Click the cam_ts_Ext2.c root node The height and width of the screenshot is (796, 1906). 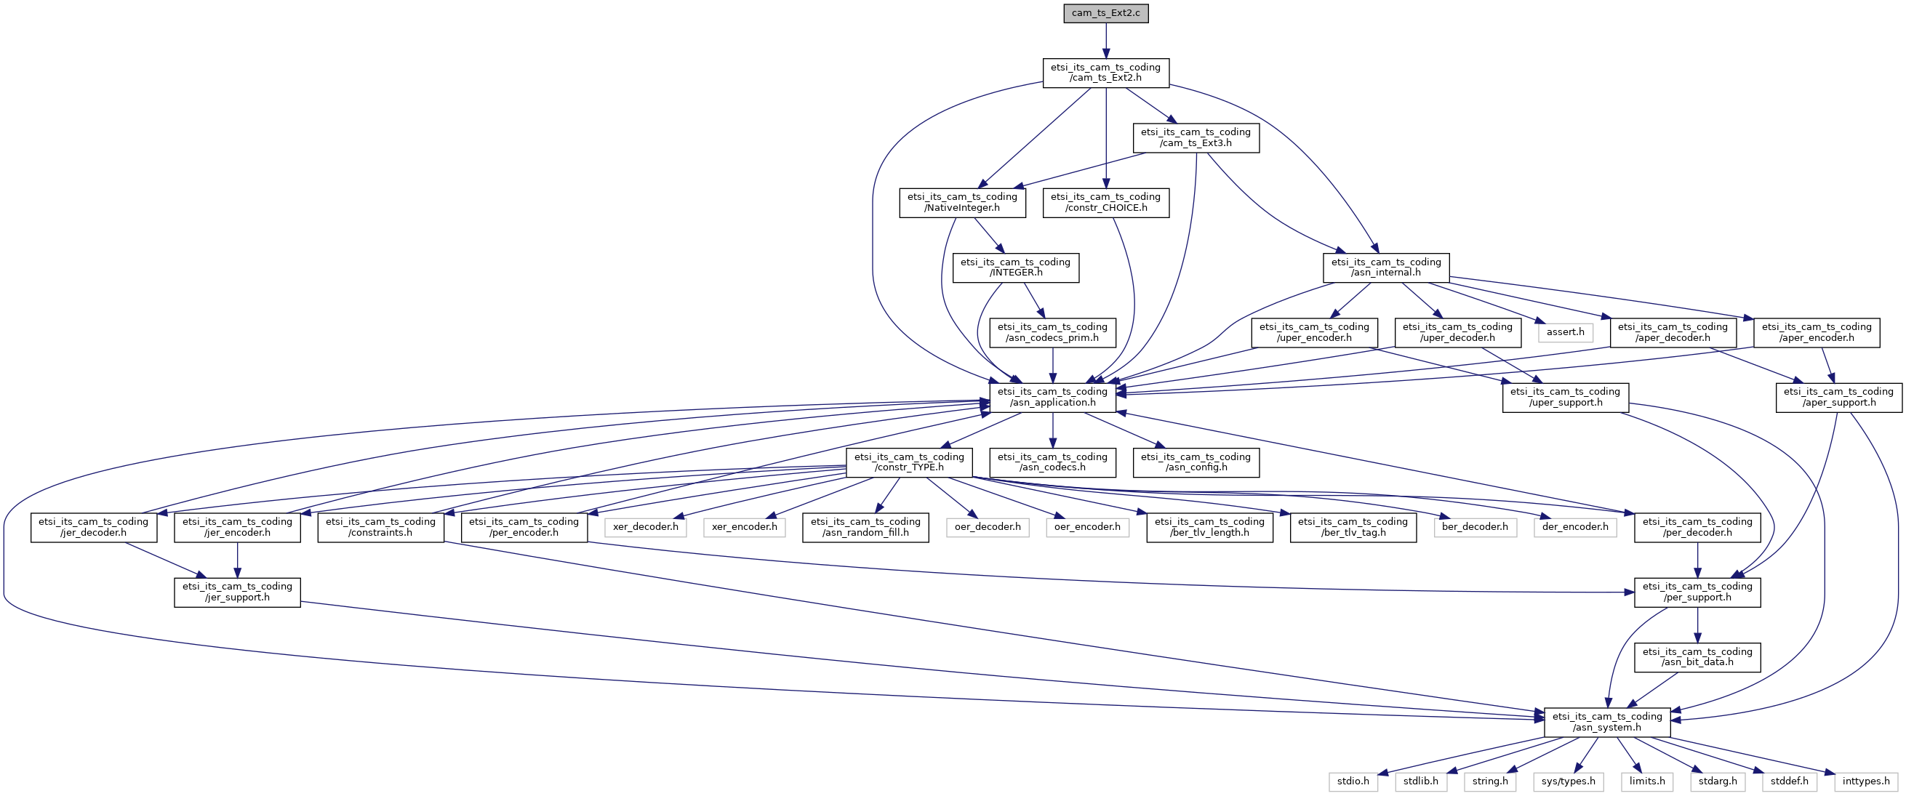pos(1106,13)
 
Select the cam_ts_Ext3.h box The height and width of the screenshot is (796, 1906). pos(1196,137)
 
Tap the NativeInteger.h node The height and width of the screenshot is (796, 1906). pos(963,203)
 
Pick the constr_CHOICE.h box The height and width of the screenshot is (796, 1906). pos(1106,203)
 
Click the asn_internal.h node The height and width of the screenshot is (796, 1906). pos(1386,267)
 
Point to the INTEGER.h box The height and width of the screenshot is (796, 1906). pos(1016,267)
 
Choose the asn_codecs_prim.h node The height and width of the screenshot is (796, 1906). pos(1052,332)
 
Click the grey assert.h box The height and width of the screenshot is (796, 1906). pos(1565,332)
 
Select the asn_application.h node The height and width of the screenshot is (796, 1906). pos(1052,397)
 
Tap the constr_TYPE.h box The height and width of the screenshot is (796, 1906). pos(908,462)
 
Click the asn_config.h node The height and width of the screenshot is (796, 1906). pos(1196,462)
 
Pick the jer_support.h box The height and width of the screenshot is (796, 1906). pos(238,592)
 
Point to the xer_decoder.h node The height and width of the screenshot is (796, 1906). pos(646,527)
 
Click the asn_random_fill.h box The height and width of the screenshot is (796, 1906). pos(865,527)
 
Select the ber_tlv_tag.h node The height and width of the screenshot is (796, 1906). pos(1353,527)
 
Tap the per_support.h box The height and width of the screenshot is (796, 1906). pos(1697,592)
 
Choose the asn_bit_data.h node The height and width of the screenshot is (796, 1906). pos(1697,657)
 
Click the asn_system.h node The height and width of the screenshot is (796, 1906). pos(1607,722)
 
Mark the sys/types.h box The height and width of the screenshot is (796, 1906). pos(1569,781)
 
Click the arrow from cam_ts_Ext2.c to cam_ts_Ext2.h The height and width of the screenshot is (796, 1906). pos(1106,41)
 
